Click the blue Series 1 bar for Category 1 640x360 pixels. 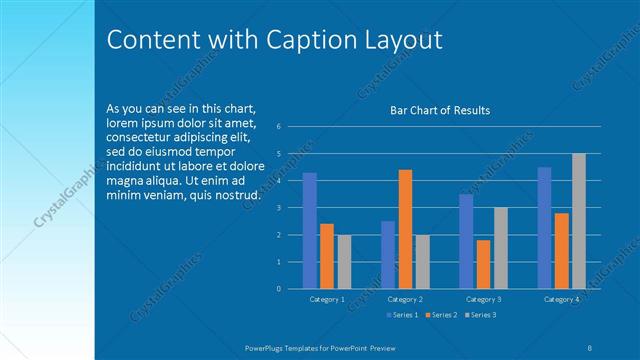click(310, 230)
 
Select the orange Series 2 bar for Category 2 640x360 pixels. click(405, 229)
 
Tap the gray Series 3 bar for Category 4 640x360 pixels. click(579, 221)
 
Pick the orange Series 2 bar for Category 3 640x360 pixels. click(484, 264)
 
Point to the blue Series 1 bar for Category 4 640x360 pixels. click(544, 227)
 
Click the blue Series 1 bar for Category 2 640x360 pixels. click(388, 254)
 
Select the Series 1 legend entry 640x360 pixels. click(402, 315)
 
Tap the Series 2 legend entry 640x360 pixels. click(441, 315)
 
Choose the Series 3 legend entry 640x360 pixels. click(480, 315)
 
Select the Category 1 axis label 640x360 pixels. click(327, 299)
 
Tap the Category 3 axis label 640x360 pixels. click(484, 299)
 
